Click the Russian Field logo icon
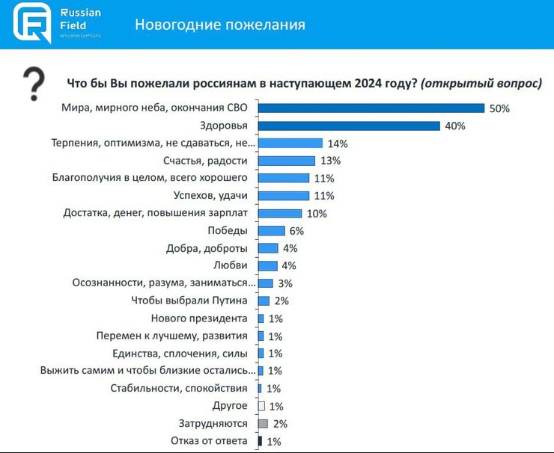click(32, 23)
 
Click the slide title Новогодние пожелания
click(219, 25)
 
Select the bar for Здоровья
click(349, 126)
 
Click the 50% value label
click(499, 108)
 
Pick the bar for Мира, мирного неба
click(371, 108)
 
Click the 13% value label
click(330, 161)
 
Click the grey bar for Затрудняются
click(262, 424)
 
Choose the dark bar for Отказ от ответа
click(260, 441)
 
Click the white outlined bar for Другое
click(261, 406)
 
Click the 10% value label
click(317, 214)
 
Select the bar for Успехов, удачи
click(283, 196)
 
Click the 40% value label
click(454, 126)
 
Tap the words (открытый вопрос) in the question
click(481, 84)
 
